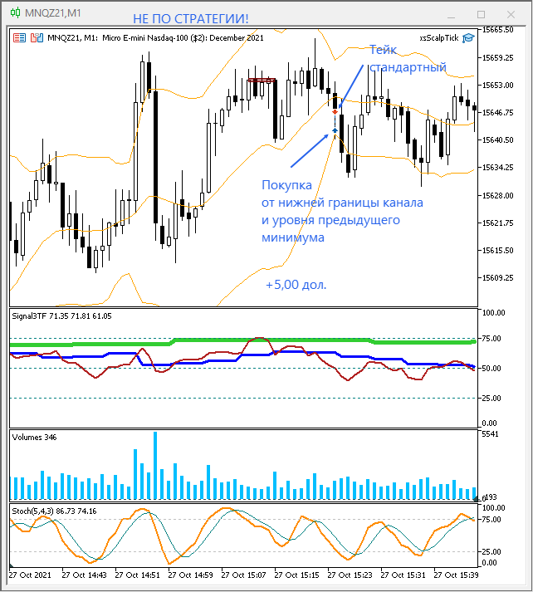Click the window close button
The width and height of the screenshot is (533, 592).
(513, 14)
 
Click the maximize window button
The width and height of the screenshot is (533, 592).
(481, 14)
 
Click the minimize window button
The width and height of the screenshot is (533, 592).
(448, 14)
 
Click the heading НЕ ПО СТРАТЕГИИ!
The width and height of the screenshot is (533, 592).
(190, 19)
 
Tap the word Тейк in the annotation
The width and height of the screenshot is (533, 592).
(384, 50)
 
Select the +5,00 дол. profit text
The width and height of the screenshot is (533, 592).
(296, 285)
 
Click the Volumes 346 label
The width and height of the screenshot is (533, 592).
(34, 437)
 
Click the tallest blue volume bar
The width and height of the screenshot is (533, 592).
(154, 465)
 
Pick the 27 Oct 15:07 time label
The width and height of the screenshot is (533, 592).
(246, 575)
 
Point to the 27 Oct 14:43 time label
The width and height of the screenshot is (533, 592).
(86, 575)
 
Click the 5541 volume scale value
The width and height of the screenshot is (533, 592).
(491, 434)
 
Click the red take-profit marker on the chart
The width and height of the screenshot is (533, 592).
(335, 110)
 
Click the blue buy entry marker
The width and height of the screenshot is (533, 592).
(335, 130)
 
